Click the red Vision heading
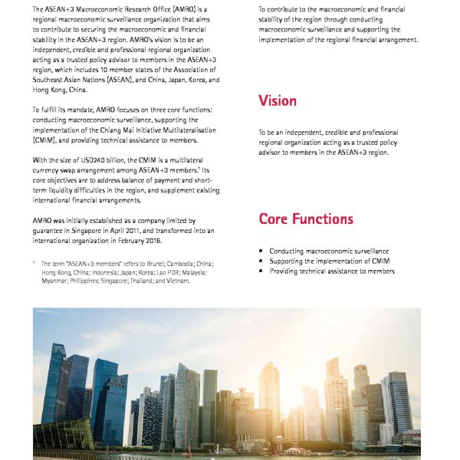pyautogui.click(x=278, y=101)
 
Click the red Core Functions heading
pyautogui.click(x=306, y=219)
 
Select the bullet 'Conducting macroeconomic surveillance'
pyautogui.click(x=329, y=251)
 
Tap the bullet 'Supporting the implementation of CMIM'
pyautogui.click(x=330, y=261)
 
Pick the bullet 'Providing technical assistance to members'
pyautogui.click(x=332, y=271)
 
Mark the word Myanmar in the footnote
pyautogui.click(x=56, y=281)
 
